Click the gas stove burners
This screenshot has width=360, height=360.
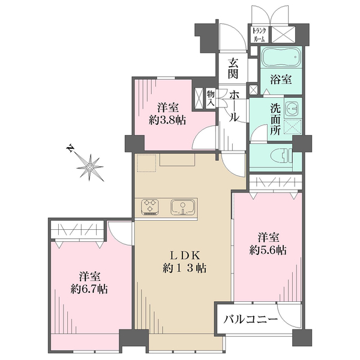coord(151,207)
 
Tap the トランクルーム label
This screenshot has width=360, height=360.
coord(259,34)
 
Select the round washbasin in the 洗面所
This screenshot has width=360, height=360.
coord(291,109)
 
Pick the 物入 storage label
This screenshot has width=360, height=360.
coord(211,98)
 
